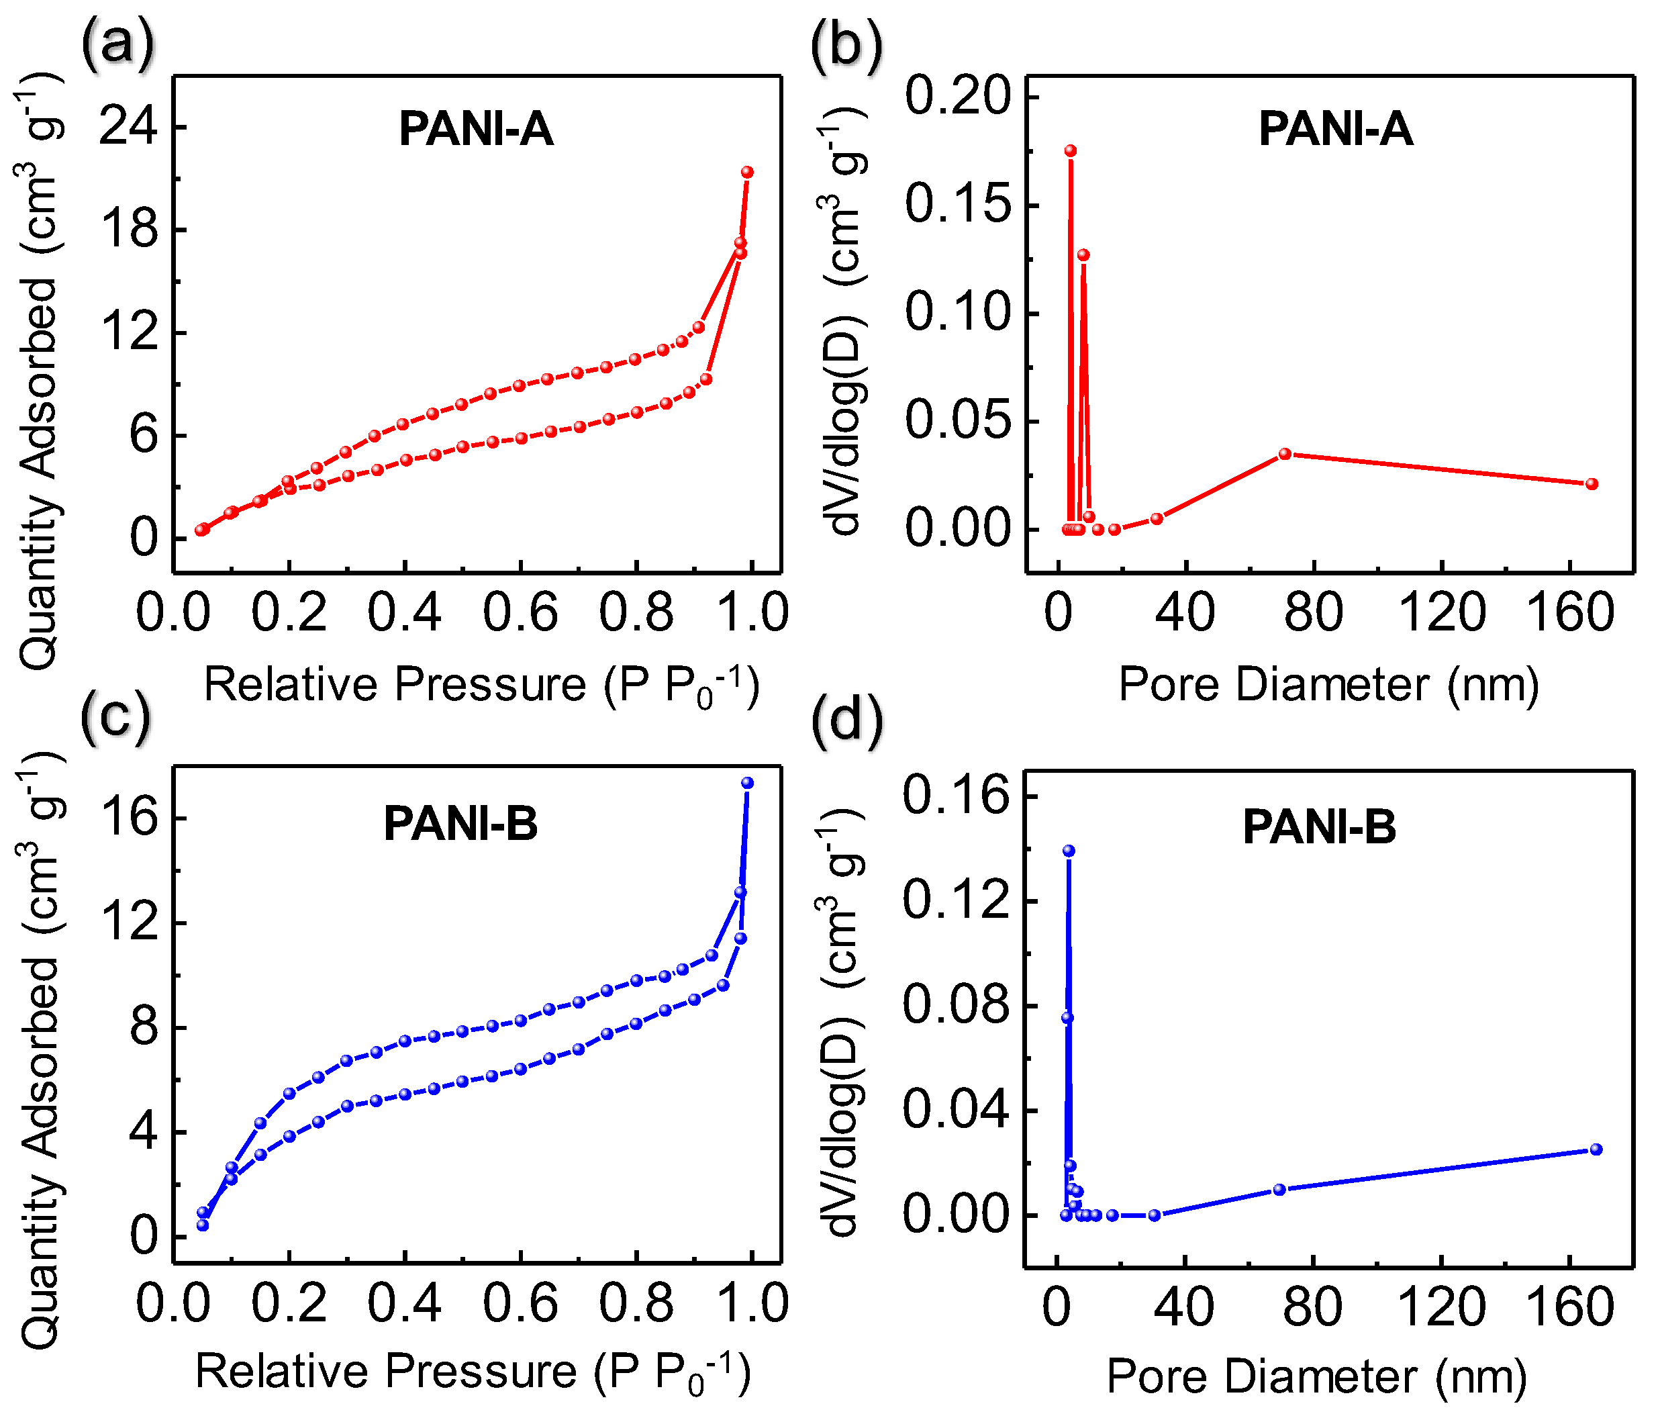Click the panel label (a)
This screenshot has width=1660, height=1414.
[117, 44]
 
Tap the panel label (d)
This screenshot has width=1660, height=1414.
[847, 718]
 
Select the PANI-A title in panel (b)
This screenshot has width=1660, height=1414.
[1336, 129]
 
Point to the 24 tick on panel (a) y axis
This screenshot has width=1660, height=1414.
[128, 127]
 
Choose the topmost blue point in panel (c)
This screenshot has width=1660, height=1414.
[748, 783]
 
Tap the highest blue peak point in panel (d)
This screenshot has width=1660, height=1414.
[1069, 851]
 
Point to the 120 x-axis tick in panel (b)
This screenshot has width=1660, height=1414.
[1441, 613]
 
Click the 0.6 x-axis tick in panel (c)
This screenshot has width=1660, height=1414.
[520, 1303]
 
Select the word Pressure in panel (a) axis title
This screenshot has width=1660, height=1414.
[491, 685]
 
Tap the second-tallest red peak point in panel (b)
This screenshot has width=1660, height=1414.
[1083, 254]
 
